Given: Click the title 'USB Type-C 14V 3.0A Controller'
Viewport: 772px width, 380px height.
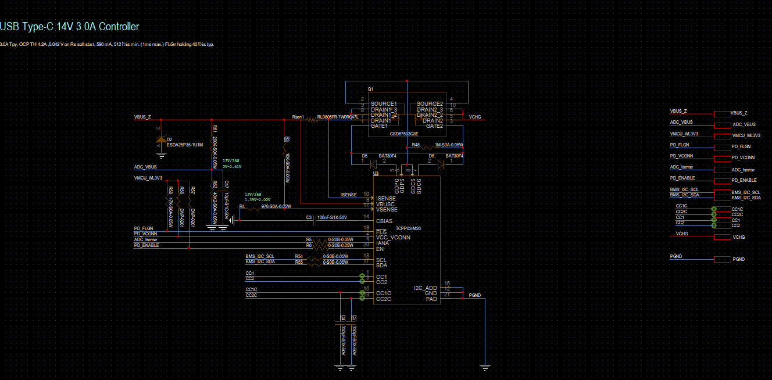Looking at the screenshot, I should pos(70,27).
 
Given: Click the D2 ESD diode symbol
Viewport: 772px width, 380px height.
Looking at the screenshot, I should pos(160,141).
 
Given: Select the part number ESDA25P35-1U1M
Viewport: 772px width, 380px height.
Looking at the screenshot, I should pos(185,145).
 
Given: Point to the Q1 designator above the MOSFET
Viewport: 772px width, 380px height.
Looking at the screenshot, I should pos(370,88).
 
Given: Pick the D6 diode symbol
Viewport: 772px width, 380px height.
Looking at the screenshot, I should pos(440,164).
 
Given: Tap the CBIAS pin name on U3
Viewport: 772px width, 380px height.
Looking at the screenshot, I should pos(384,221).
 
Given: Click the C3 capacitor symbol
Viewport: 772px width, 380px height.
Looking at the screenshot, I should pos(315,221).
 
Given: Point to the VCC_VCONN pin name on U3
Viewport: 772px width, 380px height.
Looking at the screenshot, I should pos(393,238).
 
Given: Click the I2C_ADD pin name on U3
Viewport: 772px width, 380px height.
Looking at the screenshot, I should pos(425,288).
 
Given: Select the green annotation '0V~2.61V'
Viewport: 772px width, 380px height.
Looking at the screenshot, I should pos(231,166).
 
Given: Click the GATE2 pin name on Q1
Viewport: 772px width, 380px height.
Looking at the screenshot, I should pos(434,126).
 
